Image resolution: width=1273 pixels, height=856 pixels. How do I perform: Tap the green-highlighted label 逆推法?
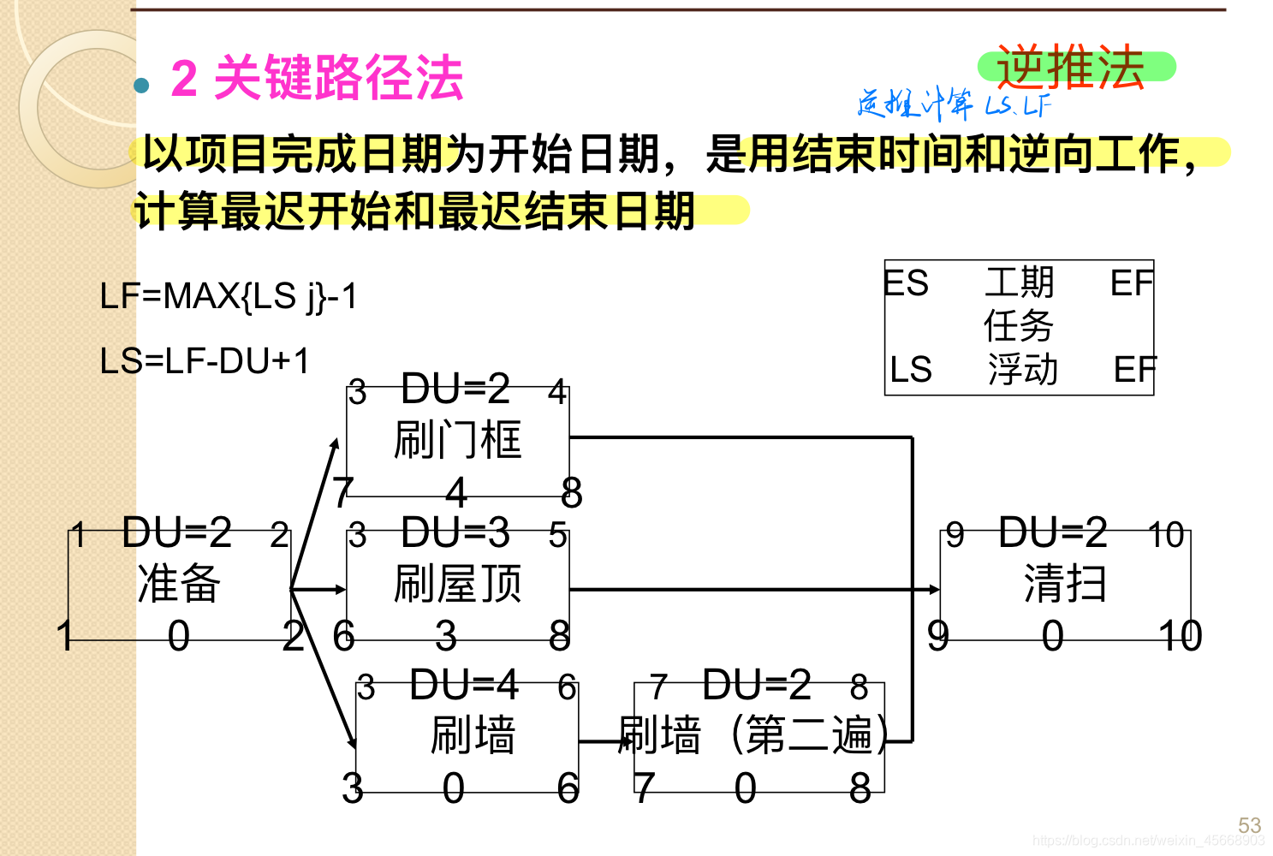click(1071, 67)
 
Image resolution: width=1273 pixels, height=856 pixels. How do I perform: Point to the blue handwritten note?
click(953, 104)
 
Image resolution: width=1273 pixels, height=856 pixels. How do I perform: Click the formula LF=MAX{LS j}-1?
click(228, 296)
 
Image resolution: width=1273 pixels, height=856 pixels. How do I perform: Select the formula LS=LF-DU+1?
click(205, 361)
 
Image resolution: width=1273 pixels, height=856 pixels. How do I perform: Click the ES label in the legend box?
click(907, 283)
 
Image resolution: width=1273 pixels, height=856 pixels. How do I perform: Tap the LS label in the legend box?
click(910, 369)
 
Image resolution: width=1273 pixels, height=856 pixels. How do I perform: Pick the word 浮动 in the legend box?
click(1022, 370)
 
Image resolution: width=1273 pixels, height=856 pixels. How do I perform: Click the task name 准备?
click(179, 584)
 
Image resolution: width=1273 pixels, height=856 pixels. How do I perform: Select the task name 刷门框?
click(457, 440)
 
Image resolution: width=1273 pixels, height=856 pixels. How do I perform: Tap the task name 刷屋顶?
click(457, 584)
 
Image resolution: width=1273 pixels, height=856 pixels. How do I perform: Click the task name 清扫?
click(1065, 584)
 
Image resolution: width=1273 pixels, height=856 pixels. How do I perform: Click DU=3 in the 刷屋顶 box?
click(455, 532)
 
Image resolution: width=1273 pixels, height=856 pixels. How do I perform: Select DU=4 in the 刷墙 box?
click(464, 685)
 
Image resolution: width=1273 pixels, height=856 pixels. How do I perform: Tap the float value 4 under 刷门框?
click(456, 492)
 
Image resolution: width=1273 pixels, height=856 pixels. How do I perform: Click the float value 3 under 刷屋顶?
click(446, 636)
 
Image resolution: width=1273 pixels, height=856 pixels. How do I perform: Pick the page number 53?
click(1249, 825)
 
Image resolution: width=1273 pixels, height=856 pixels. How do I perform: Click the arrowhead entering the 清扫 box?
click(934, 589)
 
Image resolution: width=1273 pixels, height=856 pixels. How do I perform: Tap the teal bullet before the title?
click(141, 85)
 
